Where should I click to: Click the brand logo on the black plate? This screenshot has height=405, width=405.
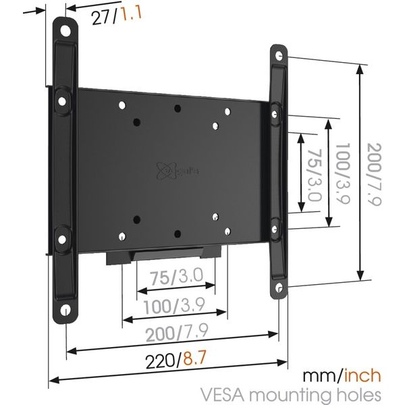[x=169, y=169]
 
